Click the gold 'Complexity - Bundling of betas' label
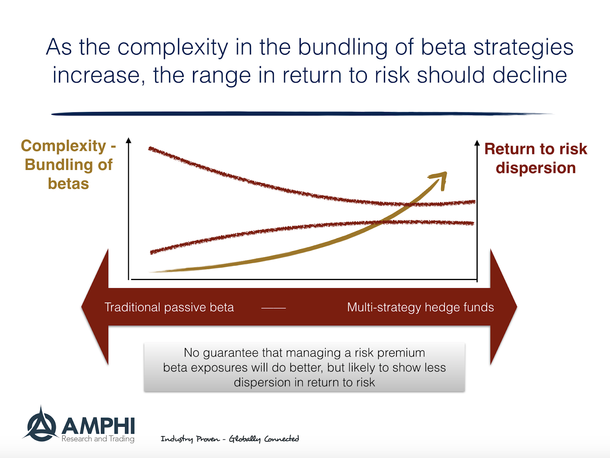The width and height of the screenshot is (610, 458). click(68, 165)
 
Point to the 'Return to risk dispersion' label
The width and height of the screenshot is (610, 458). click(536, 158)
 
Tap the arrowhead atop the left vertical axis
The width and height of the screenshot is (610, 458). click(128, 140)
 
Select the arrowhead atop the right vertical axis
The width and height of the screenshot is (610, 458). click(477, 143)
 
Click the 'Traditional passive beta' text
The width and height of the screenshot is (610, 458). click(169, 307)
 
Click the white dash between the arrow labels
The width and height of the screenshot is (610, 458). click(273, 308)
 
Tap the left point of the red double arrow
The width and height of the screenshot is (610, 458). click(82, 307)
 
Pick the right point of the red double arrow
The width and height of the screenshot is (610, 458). click(517, 307)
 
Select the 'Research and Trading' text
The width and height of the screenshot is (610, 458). click(98, 439)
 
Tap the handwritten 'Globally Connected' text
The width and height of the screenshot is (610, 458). click(264, 439)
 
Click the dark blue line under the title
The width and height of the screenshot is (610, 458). click(302, 114)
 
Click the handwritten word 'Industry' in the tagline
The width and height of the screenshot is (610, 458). click(177, 439)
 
